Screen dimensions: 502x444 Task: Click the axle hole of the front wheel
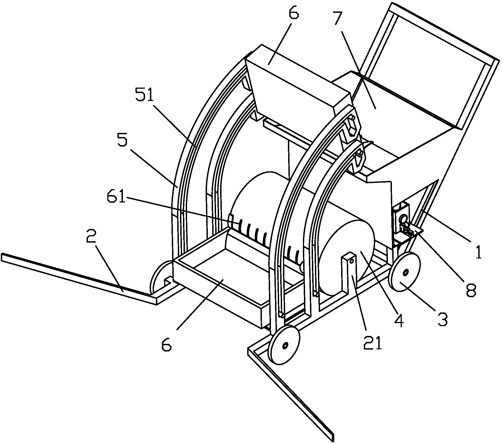tap(285, 345)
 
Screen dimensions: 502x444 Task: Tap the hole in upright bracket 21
tap(352, 261)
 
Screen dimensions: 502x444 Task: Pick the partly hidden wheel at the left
tap(161, 277)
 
